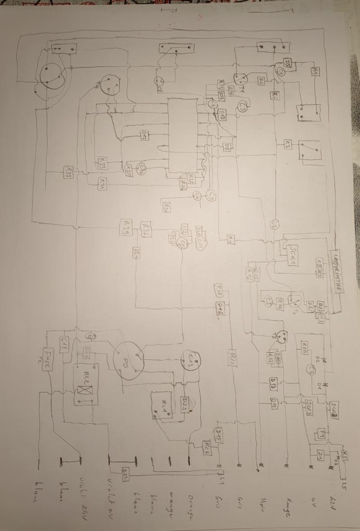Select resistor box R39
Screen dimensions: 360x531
127,226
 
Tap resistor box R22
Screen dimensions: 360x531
232,357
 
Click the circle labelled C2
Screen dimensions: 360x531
274,225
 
